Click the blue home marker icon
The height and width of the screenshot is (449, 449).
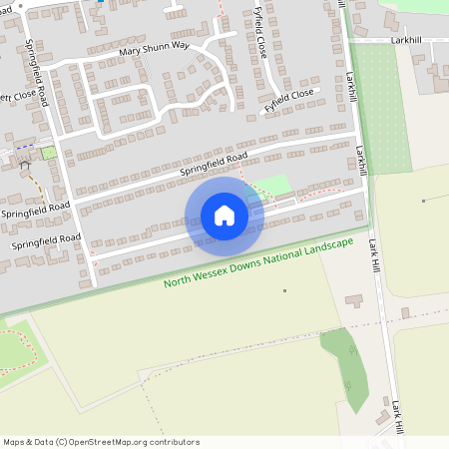click(224, 215)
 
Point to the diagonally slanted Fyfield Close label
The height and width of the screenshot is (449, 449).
click(288, 99)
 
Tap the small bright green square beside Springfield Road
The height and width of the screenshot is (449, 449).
click(47, 153)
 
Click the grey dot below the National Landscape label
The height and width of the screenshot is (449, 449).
click(284, 290)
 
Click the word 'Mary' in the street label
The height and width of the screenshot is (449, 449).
click(129, 50)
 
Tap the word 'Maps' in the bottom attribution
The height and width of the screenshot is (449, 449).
click(14, 442)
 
